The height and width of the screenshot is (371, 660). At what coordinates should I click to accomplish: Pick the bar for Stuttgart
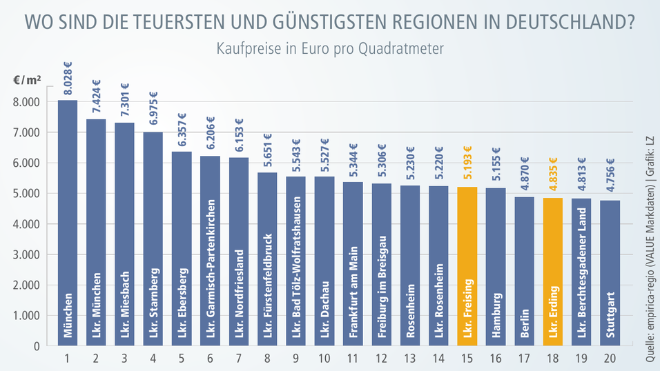point(610,273)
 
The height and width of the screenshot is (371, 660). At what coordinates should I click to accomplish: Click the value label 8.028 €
point(68,79)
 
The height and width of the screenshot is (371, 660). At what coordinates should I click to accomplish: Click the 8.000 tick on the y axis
point(26,102)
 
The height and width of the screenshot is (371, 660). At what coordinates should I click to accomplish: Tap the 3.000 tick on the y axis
point(26,254)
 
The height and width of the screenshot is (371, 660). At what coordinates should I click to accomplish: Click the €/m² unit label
point(26,80)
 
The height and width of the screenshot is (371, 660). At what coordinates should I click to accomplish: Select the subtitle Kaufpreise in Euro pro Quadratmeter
point(329,49)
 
